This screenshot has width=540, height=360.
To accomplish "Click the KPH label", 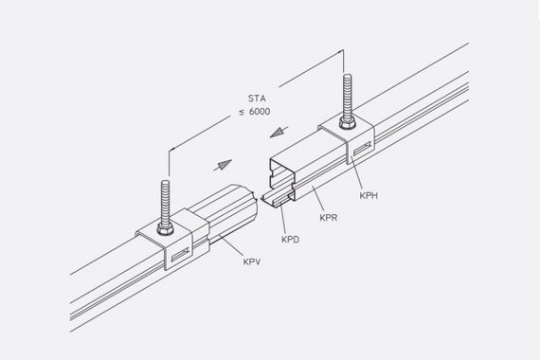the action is click(x=369, y=196).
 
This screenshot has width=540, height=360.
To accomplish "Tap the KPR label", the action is click(x=329, y=218).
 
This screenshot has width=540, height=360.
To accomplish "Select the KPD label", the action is click(x=290, y=240).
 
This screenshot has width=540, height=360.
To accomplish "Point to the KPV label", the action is click(x=252, y=261).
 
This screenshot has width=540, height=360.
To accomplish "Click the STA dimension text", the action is click(x=257, y=99).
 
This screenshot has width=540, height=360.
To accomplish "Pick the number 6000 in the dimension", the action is click(x=260, y=112).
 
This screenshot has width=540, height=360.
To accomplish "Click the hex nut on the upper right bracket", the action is click(x=347, y=123).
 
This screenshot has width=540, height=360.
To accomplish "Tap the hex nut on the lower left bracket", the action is click(x=165, y=228).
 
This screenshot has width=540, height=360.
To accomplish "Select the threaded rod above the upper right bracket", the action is click(x=348, y=96).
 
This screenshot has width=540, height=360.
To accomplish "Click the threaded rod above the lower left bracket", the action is click(x=165, y=202).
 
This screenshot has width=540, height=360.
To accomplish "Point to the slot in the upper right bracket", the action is click(x=362, y=148).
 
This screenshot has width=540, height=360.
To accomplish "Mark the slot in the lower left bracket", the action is click(x=180, y=255).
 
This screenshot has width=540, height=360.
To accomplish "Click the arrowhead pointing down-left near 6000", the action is click(x=279, y=133).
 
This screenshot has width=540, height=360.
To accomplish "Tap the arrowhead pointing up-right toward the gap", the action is click(x=224, y=165).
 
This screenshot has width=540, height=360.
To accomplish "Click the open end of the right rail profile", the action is click(x=282, y=179).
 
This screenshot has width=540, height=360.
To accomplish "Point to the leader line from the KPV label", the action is click(x=232, y=245).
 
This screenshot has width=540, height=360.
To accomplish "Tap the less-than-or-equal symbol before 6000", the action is click(x=243, y=113).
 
